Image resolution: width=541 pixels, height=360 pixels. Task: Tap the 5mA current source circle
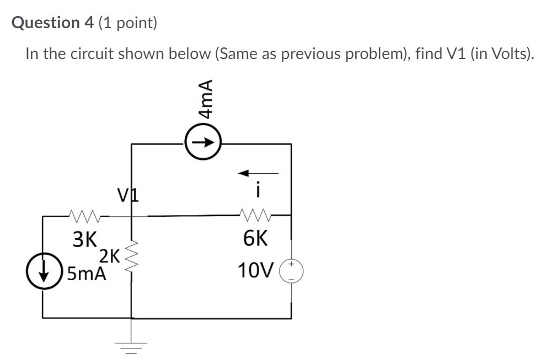[x=44, y=272]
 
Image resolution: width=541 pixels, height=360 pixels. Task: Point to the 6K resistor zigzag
[x=256, y=214]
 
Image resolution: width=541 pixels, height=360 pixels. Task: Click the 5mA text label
[x=85, y=273]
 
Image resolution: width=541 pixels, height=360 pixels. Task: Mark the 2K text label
[x=109, y=255]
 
